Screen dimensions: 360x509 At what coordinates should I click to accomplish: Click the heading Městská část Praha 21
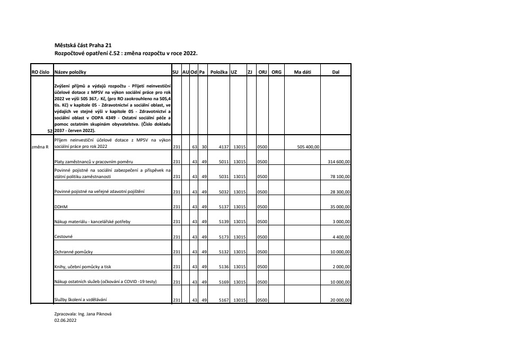pos(83,46)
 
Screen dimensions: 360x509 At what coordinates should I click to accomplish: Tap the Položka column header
pos(218,72)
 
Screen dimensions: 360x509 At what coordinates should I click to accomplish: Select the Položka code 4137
pos(223,146)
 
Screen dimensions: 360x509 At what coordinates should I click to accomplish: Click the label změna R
pos(40,146)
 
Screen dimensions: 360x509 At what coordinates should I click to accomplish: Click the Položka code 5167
pos(223,301)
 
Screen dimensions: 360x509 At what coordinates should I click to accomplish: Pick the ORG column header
pos(276,72)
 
